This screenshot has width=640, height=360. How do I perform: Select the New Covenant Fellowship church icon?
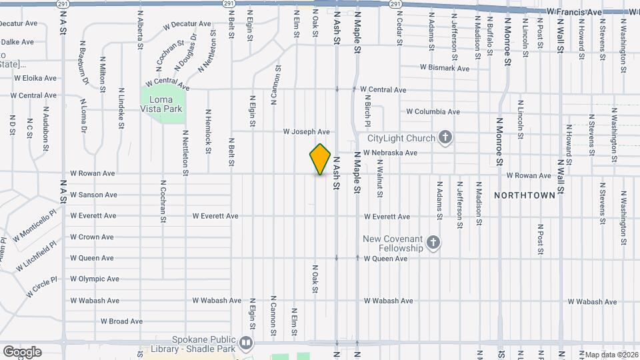click(433, 243)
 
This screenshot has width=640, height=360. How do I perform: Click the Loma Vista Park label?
click(161, 104)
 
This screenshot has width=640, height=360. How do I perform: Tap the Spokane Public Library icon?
click(246, 343)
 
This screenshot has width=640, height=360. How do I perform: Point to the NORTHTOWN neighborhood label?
click(525, 195)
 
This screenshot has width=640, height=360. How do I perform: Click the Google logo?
click(22, 351)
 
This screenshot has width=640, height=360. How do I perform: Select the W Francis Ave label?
click(573, 12)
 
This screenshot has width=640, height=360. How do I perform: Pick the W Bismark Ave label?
click(444, 68)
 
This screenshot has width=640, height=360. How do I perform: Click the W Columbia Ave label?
click(433, 111)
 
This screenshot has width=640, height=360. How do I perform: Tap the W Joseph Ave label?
click(306, 132)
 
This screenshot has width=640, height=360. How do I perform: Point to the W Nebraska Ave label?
click(390, 153)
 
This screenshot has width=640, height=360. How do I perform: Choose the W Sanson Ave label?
click(93, 195)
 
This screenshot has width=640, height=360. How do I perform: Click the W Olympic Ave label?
click(94, 279)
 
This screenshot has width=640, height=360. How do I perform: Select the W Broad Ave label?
click(123, 321)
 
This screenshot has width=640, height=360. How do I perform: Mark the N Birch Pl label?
click(367, 111)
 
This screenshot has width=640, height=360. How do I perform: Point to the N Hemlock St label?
click(209, 131)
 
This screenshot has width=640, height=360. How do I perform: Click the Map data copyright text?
click(610, 355)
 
